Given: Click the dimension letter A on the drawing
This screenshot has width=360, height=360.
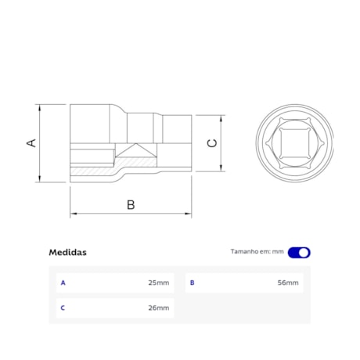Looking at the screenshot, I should pos(31,143).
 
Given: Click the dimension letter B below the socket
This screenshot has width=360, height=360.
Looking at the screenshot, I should pos(131,204).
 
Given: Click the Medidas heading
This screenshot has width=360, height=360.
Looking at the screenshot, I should pos(68,252).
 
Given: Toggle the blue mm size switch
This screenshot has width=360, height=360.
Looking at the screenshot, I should pos(299,252).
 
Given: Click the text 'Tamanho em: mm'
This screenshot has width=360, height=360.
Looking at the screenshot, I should pos(257,252).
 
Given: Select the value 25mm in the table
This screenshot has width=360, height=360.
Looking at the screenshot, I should pos(158,283).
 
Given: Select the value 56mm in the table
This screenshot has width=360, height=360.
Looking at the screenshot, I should pos(287,283).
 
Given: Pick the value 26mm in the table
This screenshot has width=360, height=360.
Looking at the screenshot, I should pos(158,308).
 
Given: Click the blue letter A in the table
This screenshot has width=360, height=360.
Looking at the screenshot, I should pos(63,283).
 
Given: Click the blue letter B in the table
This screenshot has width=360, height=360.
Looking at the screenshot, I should pos(192,283).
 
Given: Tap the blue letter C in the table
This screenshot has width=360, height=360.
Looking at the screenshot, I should pos(63,308).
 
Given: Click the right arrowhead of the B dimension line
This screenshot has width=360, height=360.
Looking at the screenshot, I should pos(189,213).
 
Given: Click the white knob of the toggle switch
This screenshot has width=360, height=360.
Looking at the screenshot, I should pos(304,252).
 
